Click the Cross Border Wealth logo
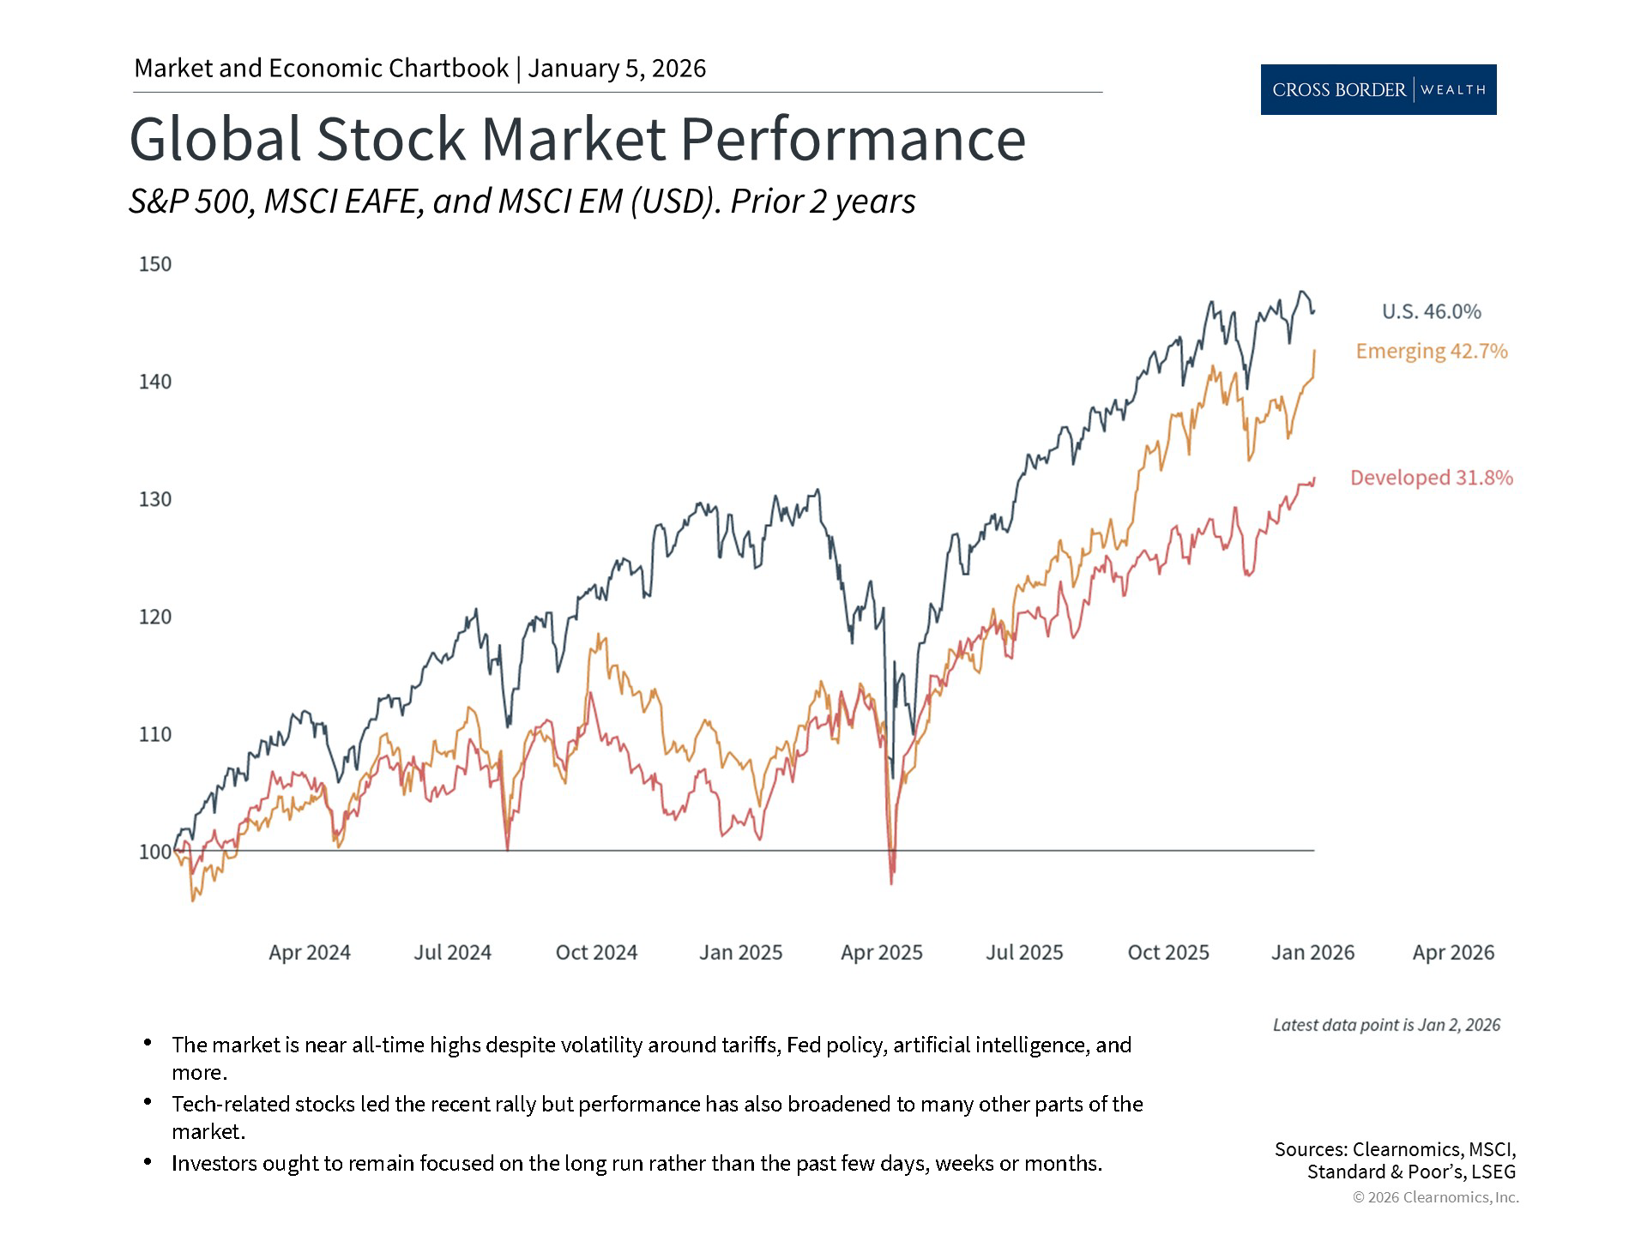(x=1378, y=89)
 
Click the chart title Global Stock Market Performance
(x=576, y=139)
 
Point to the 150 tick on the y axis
(x=155, y=264)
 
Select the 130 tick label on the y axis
(x=155, y=499)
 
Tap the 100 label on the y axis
(x=155, y=852)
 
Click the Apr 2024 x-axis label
(x=310, y=952)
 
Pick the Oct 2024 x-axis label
(x=596, y=952)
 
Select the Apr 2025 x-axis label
(x=882, y=952)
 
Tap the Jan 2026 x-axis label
(x=1312, y=952)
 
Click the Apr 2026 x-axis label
(x=1453, y=952)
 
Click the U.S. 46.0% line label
(x=1431, y=311)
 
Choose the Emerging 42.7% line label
(x=1431, y=351)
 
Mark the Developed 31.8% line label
(x=1431, y=478)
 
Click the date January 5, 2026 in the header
(x=617, y=69)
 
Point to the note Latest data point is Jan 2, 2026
(x=1386, y=1025)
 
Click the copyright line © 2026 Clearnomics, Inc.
(x=1435, y=1197)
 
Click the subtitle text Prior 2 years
(x=823, y=202)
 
